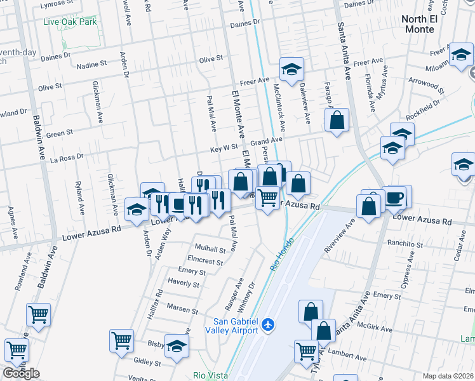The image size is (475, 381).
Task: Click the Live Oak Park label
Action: pyautogui.click(x=70, y=22)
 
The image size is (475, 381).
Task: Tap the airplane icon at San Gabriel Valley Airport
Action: pyautogui.click(x=267, y=325)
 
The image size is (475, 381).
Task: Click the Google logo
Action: pyautogui.click(x=21, y=373)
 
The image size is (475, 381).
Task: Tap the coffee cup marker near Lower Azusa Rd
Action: pyautogui.click(x=395, y=197)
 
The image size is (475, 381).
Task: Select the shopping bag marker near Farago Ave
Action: pyautogui.click(x=337, y=120)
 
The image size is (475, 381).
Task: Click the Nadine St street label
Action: pyautogui.click(x=91, y=65)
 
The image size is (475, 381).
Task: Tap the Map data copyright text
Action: pyautogui.click(x=448, y=376)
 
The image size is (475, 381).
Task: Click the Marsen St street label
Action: pyautogui.click(x=183, y=309)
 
